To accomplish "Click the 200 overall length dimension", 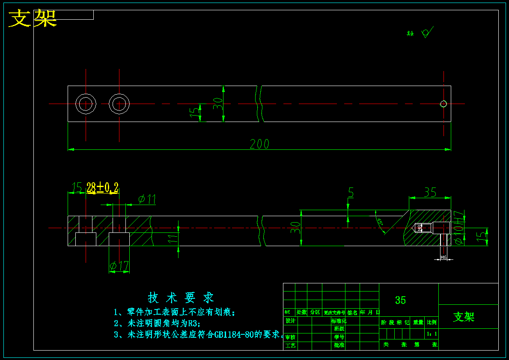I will click(x=259, y=144).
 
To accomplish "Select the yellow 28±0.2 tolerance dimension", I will click(x=102, y=187).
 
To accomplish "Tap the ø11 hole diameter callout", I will click(x=146, y=199).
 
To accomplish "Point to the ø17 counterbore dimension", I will click(x=119, y=266).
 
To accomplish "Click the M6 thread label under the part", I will click(x=444, y=258).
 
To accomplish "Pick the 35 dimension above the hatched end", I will click(x=430, y=193).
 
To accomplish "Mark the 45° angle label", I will click(x=380, y=222).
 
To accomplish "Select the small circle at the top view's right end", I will click(x=444, y=104).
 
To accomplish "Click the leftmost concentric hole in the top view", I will click(x=86, y=104).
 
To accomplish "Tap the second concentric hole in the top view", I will click(x=119, y=104).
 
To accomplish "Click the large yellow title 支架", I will click(x=33, y=18).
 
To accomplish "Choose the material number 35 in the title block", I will click(x=400, y=300).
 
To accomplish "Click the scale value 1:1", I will click(x=432, y=333).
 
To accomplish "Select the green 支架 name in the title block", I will click(x=464, y=317).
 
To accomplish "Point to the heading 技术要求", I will click(x=181, y=298).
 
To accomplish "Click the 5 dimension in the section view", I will click(x=351, y=193).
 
